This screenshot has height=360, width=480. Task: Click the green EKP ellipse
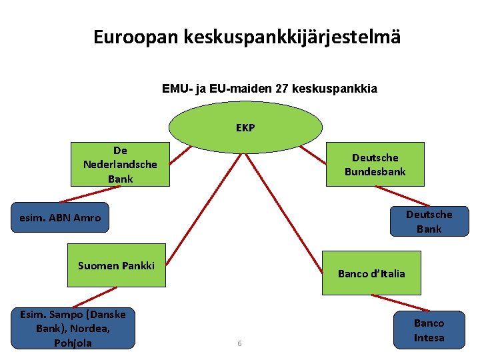pos(245,127)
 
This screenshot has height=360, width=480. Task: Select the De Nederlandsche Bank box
pos(120,164)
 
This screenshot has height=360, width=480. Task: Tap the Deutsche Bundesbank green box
pos(375,164)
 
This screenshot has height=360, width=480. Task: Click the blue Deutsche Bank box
pos(429,221)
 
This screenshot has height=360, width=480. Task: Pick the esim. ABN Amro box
pos(60,217)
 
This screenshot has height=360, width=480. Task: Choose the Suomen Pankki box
pos(117,265)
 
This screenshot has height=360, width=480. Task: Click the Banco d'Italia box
pos(371,273)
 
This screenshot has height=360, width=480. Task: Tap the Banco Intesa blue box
pos(429,330)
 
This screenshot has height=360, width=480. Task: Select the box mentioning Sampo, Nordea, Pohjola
pos(73,328)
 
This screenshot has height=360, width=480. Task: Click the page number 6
pos(239,343)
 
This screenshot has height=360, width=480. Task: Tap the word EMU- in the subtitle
pos(176,88)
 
